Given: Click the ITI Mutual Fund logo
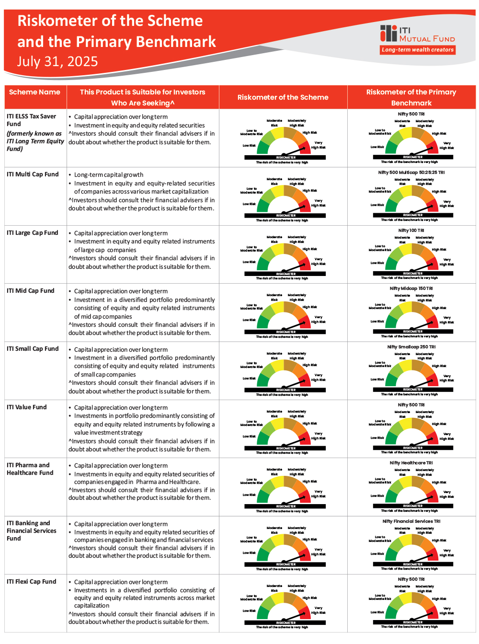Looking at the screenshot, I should pyautogui.click(x=417, y=34).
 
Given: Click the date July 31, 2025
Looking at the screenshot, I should pyautogui.click(x=57, y=61).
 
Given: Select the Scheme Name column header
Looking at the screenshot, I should pyautogui.click(x=34, y=92).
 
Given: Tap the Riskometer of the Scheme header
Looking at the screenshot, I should pyautogui.click(x=283, y=97).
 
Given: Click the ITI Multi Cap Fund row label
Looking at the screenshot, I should pyautogui.click(x=33, y=174).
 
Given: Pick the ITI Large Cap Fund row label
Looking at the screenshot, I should pyautogui.click(x=33, y=233).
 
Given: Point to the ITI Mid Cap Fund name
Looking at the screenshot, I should pyautogui.click(x=31, y=291).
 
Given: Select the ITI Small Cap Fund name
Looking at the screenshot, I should pyautogui.click(x=33, y=349).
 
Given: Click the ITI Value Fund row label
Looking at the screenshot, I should pyautogui.click(x=27, y=407).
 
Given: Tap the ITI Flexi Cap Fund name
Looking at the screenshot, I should pyautogui.click(x=32, y=582).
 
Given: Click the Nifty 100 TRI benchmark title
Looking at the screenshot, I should pyautogui.click(x=411, y=230).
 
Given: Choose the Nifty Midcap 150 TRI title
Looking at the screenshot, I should pyautogui.click(x=411, y=288).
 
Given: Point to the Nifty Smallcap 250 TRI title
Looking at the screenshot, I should pyautogui.click(x=411, y=347).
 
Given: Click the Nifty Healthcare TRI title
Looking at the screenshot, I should pyautogui.click(x=411, y=463).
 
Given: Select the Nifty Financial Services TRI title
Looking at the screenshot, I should pyautogui.click(x=411, y=521).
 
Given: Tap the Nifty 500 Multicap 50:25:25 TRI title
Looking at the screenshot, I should pyautogui.click(x=411, y=172).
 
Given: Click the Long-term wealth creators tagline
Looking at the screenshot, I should pyautogui.click(x=418, y=50).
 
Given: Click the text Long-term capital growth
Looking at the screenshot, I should pyautogui.click(x=109, y=175).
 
